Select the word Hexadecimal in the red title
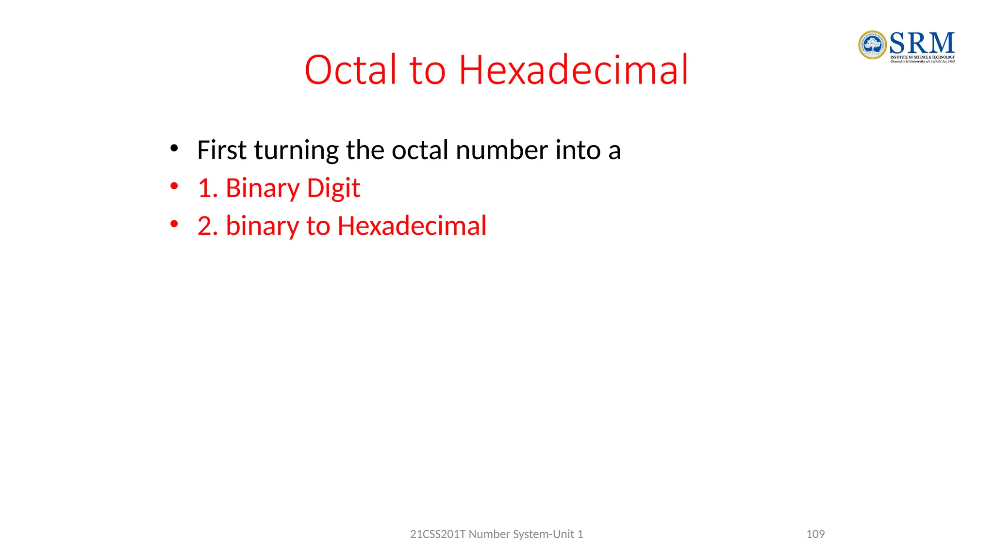574,70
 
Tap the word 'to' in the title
428,71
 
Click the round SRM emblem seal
872,45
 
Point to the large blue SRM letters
922,43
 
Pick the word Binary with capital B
263,188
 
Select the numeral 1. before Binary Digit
207,188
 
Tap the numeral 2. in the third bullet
207,226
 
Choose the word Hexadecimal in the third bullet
412,226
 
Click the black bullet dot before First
174,148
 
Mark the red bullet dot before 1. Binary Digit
174,186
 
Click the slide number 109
815,534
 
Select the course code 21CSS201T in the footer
438,534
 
